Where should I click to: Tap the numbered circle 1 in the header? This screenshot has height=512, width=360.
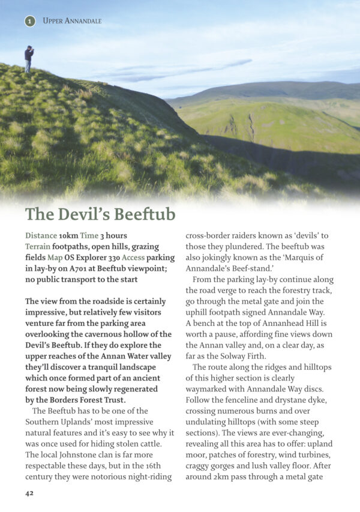click(x=30, y=21)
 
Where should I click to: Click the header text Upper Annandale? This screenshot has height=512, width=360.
click(x=72, y=21)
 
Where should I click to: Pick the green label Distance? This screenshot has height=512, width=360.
click(x=41, y=236)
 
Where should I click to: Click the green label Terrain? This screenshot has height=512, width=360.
click(x=38, y=247)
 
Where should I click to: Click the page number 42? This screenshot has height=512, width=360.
click(x=29, y=493)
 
